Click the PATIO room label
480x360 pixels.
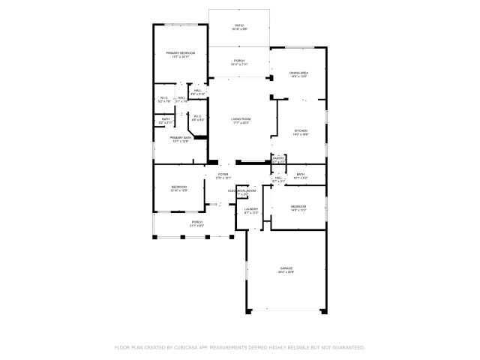(239, 25)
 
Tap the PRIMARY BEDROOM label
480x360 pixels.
(181, 53)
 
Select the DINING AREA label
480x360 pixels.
(299, 73)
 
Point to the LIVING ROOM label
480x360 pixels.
(241, 119)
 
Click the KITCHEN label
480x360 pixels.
(300, 130)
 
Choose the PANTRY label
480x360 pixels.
(278, 158)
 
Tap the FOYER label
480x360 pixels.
(223, 174)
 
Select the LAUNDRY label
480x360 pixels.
(251, 209)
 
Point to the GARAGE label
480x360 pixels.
(286, 268)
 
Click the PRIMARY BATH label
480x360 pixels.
(181, 138)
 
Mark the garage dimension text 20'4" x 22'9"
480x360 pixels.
(286, 272)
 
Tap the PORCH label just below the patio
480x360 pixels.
(239, 61)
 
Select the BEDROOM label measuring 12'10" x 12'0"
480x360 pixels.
(178, 187)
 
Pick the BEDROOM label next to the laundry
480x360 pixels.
(298, 205)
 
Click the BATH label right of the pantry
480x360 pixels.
(300, 174)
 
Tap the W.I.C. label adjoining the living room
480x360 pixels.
(197, 115)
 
